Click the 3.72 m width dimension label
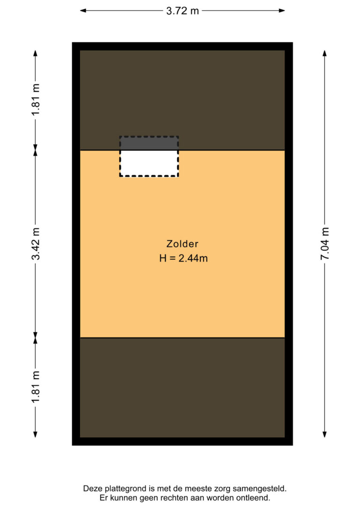click(x=182, y=11)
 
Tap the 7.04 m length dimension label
click(x=325, y=243)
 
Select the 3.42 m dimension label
click(x=35, y=243)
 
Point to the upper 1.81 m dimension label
click(x=35, y=99)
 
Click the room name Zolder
click(x=182, y=244)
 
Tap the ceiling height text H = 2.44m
click(x=183, y=258)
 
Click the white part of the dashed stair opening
click(x=149, y=163)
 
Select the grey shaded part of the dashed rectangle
click(x=149, y=143)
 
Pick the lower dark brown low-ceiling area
click(x=182, y=388)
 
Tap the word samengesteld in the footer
click(x=259, y=488)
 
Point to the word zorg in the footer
click(x=222, y=489)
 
